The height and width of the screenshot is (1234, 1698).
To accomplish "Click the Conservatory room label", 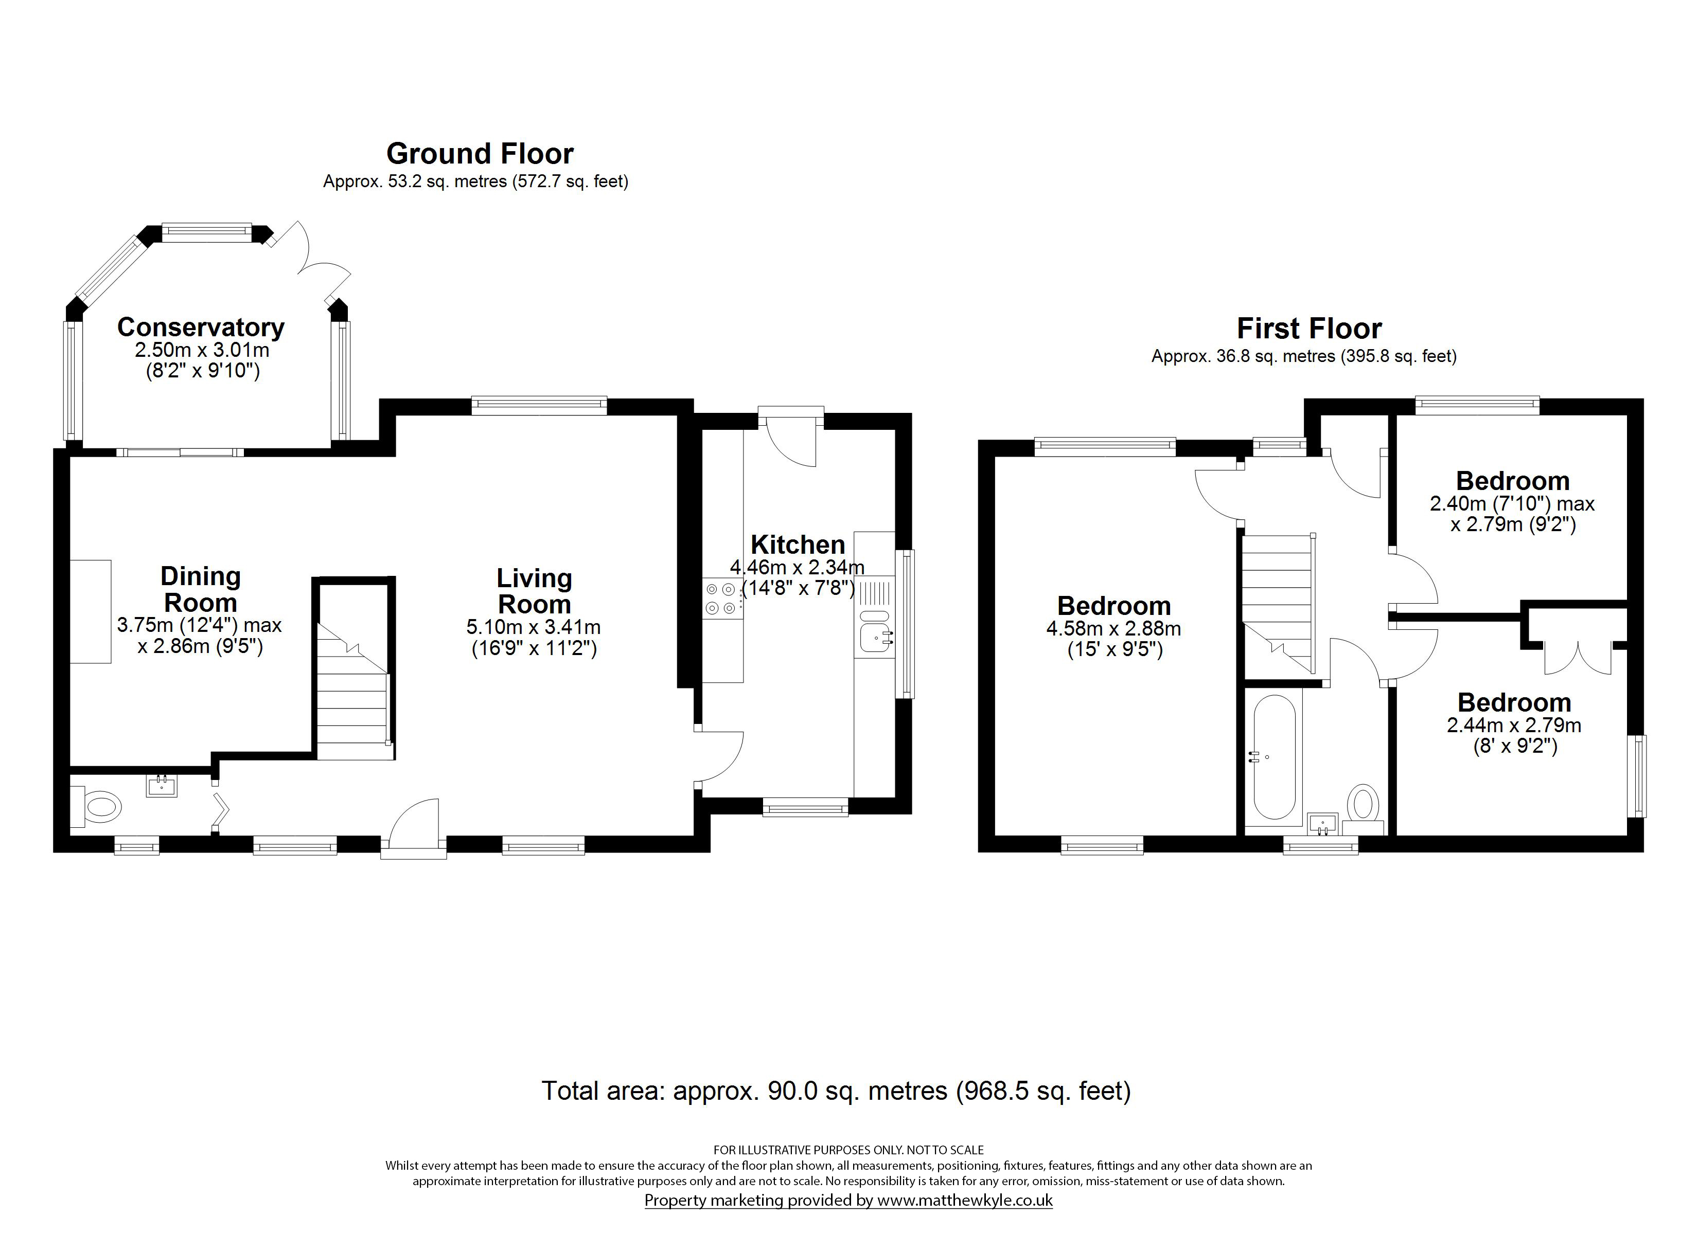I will click(201, 328).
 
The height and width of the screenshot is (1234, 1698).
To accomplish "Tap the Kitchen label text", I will click(798, 544).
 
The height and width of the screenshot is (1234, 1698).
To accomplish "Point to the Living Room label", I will click(534, 591).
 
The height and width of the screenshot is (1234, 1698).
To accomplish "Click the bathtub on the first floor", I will click(1273, 757).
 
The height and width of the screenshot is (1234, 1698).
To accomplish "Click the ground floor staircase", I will click(352, 696).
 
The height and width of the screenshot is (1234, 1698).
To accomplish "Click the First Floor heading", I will click(1308, 329).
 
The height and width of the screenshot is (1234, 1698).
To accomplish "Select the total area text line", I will click(836, 1091).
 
